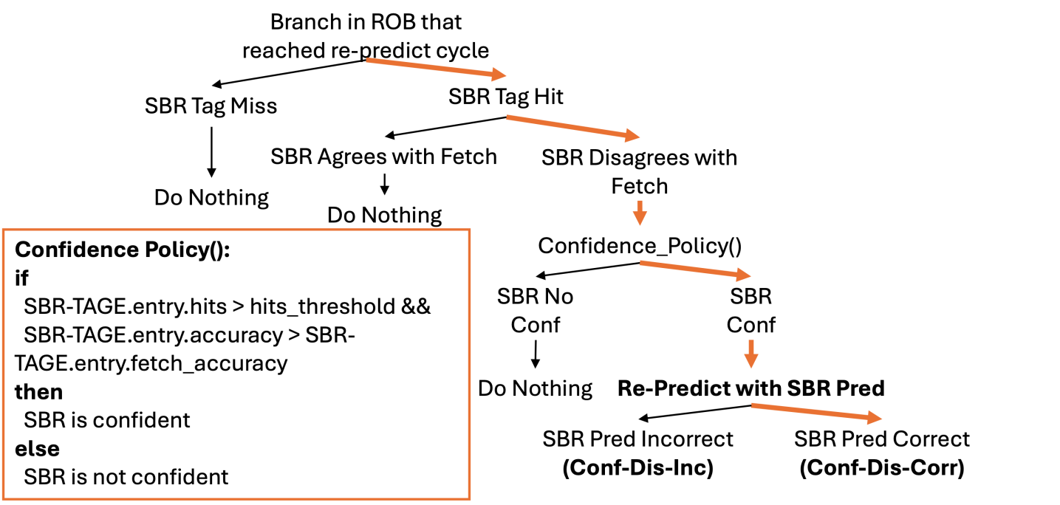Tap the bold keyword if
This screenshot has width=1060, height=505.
21,278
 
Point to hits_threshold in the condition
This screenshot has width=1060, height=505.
322,306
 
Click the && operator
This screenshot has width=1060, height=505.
416,306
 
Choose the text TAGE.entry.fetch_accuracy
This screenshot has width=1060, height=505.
151,363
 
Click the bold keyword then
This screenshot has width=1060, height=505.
38,391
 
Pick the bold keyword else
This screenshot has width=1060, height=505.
37,448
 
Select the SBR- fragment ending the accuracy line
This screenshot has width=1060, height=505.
330,335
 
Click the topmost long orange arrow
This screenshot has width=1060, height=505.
436,67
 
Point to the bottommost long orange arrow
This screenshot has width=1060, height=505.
816,412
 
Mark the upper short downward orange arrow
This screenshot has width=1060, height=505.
640,212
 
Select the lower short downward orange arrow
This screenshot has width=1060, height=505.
751,354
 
